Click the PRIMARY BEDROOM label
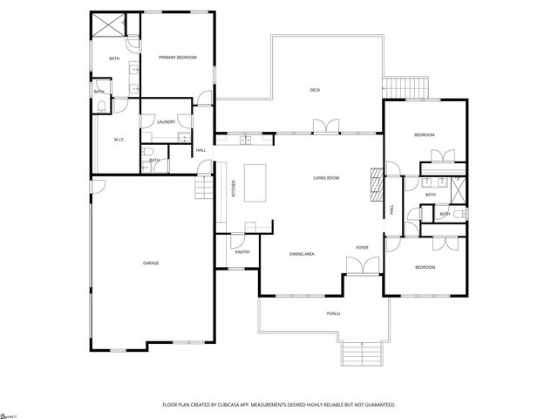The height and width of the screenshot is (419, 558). (x=177, y=58)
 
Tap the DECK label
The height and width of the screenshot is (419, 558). (x=315, y=90)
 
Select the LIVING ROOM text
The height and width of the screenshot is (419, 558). (x=326, y=178)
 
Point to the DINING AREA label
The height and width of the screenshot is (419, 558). (x=302, y=254)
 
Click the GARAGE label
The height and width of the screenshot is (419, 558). (x=151, y=263)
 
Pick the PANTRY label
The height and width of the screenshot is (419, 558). (x=242, y=252)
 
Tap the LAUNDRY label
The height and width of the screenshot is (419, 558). (x=166, y=121)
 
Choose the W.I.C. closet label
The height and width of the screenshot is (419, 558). (x=121, y=140)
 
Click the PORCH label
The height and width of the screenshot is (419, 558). (x=333, y=313)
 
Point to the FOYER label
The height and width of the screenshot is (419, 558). (x=362, y=248)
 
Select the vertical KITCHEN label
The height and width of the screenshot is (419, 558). (x=233, y=188)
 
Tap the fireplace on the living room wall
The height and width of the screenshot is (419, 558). (x=376, y=184)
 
